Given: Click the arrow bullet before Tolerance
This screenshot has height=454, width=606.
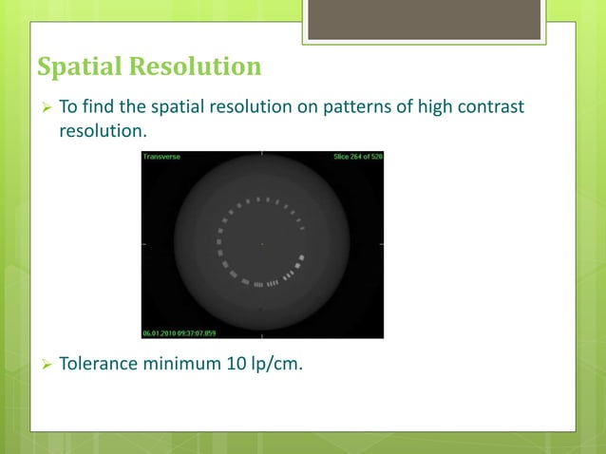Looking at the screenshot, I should coord(44,363).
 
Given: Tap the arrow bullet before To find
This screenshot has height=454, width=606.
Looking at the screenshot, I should coord(44,107).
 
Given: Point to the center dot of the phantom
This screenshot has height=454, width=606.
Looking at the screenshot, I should coord(262,243).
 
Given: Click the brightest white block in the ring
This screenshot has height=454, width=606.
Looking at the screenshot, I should coord(302,257).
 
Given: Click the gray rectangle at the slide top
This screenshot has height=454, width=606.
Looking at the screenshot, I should coord(424,20).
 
